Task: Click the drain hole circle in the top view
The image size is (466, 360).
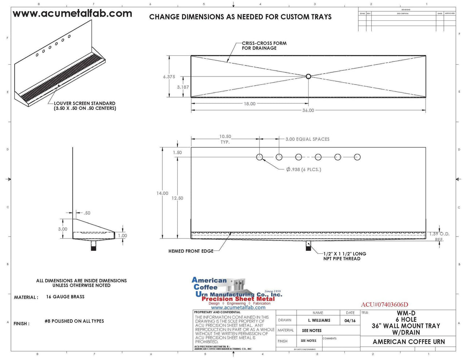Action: pos(308,76)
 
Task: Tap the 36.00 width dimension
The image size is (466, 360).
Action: pos(308,110)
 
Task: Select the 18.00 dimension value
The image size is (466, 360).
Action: pos(249,104)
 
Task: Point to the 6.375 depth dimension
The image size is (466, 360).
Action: pos(169,77)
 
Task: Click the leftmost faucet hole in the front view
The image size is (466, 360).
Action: pos(260,157)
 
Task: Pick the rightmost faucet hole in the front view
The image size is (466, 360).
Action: pos(357,157)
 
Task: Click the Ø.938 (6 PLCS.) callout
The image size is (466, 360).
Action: pos(304,169)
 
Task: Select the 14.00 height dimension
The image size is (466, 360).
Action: pos(162,193)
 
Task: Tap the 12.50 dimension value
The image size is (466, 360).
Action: pos(177,198)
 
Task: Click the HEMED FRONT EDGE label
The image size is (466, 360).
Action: pos(191,251)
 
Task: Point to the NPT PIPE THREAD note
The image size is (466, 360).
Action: pos(344,256)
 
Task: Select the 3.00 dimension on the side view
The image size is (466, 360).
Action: pos(63,229)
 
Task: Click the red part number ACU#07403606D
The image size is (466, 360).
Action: pos(384,305)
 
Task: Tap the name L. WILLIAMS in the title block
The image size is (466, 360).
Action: pos(319,320)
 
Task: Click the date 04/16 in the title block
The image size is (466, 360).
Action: pos(350,320)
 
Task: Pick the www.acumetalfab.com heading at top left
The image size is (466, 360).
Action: pos(72,14)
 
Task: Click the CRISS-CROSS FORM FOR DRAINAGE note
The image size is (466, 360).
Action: pos(264,46)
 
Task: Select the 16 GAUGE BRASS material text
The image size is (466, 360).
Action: pos(65,297)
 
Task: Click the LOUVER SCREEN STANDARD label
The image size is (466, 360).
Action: pos(85,106)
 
